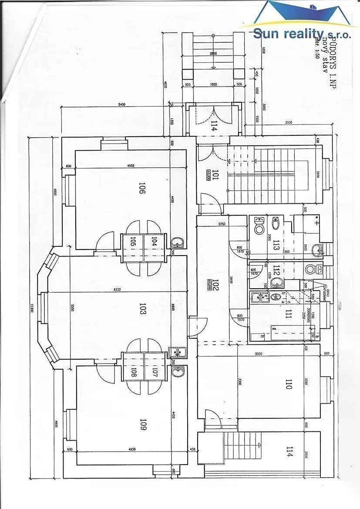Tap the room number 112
276,271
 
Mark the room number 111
288,314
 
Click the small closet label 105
133,241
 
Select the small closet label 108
133,373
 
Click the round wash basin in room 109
178,371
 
